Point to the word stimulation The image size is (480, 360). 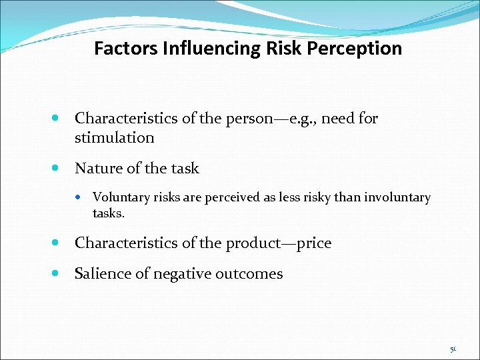(115, 138)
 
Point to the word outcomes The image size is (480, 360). (254, 273)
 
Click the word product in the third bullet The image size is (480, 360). (243, 243)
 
